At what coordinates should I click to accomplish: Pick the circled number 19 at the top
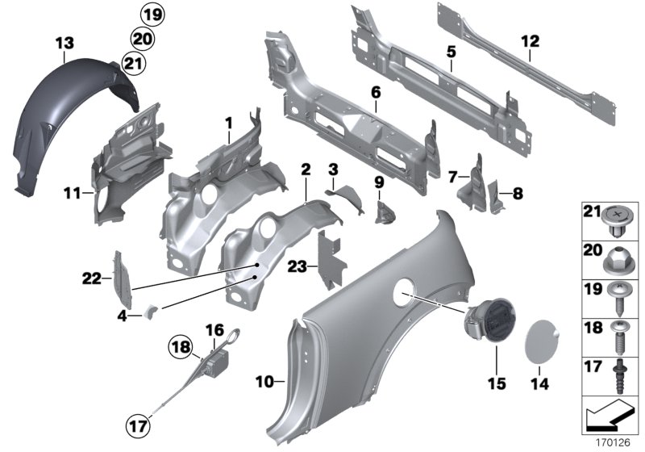(151, 13)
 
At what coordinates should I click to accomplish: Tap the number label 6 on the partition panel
(376, 93)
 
